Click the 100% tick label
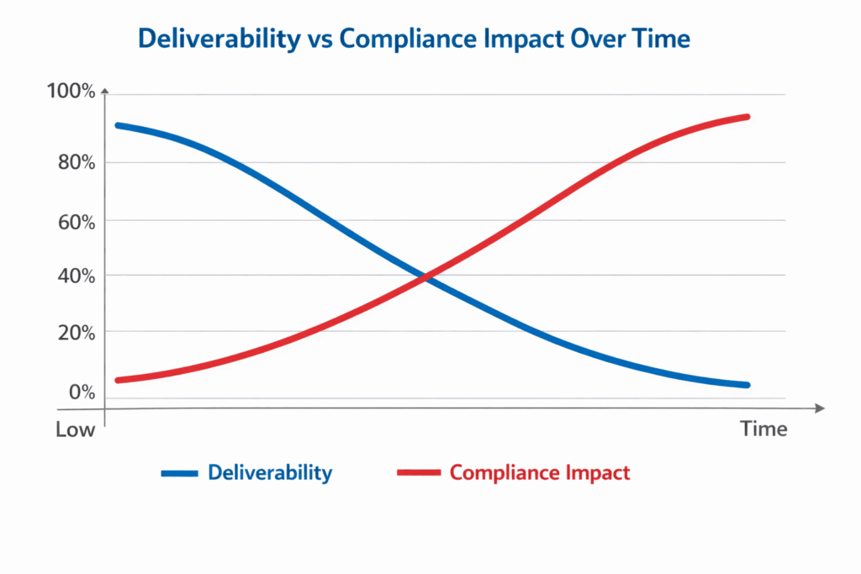(x=72, y=91)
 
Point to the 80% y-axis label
(x=76, y=161)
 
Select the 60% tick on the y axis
(x=76, y=221)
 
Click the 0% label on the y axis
(x=82, y=392)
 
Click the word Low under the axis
(x=75, y=429)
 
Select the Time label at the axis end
(x=763, y=429)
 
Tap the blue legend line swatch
(x=178, y=473)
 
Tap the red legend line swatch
(x=418, y=473)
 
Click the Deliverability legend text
(x=270, y=472)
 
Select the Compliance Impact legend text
(x=539, y=472)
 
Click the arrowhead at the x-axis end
(x=819, y=408)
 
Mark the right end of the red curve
(x=747, y=117)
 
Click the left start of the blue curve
(x=118, y=125)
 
